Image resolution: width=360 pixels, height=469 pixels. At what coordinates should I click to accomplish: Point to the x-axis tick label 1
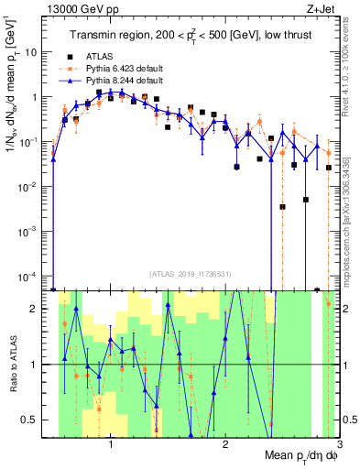click(111, 445)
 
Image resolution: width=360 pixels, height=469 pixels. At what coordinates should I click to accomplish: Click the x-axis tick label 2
click(225, 445)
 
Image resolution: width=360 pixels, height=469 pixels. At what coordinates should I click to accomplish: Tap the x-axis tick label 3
click(339, 445)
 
